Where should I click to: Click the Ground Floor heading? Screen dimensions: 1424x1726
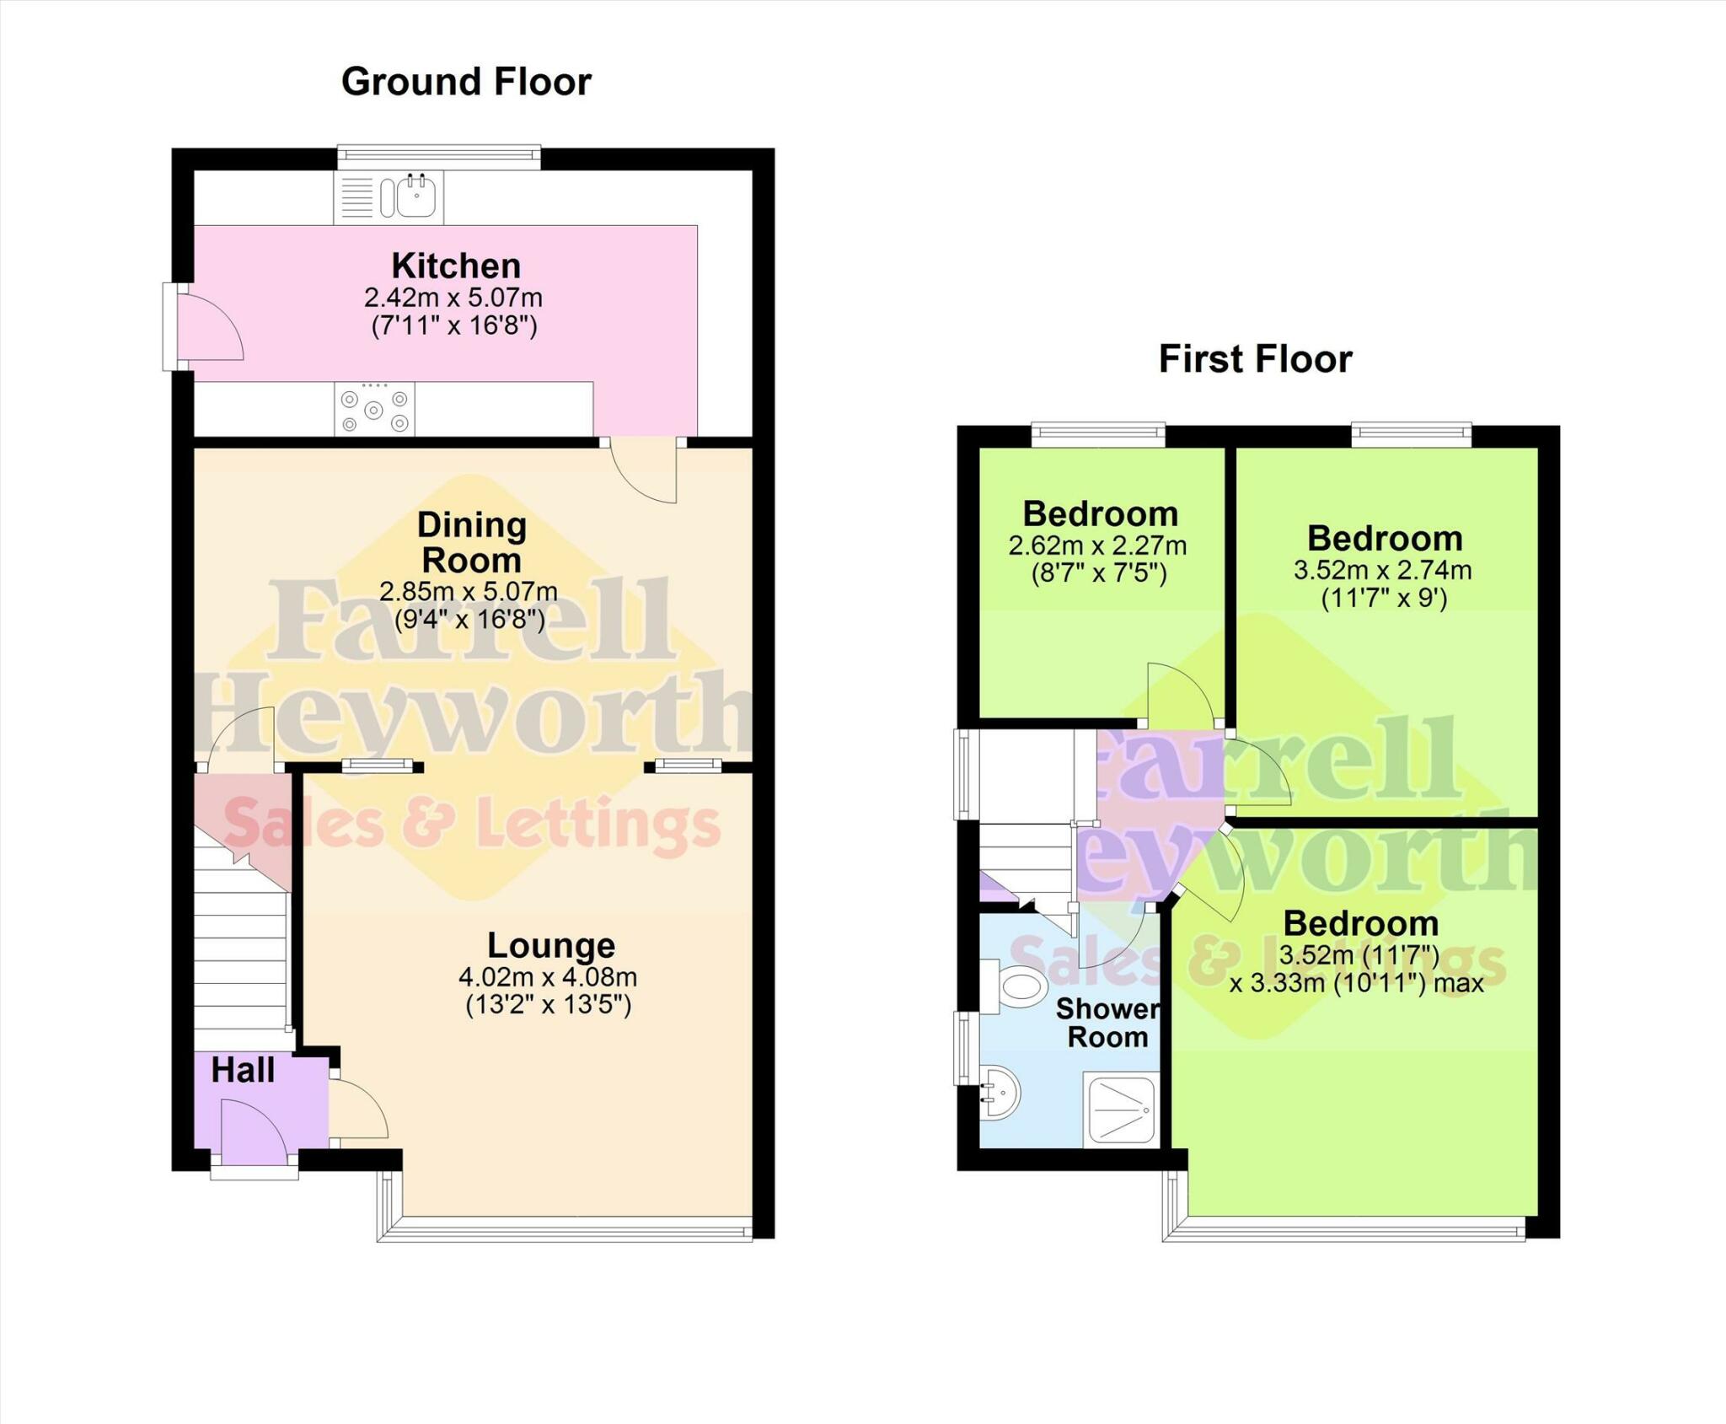tap(466, 82)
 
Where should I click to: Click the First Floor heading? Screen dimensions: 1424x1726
tap(1255, 359)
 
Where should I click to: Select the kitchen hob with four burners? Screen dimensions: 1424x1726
tap(374, 409)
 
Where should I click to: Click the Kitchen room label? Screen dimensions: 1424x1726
tap(456, 266)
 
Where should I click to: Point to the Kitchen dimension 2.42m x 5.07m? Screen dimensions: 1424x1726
tap(453, 298)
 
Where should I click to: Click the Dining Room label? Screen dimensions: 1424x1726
tap(472, 542)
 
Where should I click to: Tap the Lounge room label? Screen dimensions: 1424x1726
tap(551, 945)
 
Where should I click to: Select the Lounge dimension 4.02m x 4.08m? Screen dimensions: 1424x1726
tap(548, 977)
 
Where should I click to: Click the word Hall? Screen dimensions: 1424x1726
tap(243, 1071)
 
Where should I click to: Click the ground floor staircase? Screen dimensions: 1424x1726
tap(241, 953)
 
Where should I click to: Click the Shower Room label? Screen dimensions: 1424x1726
tap(1107, 1023)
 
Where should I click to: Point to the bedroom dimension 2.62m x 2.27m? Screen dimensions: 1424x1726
tap(1097, 545)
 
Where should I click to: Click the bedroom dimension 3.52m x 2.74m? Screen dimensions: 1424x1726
tap(1383, 571)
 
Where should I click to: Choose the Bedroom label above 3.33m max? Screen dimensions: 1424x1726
tap(1360, 923)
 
